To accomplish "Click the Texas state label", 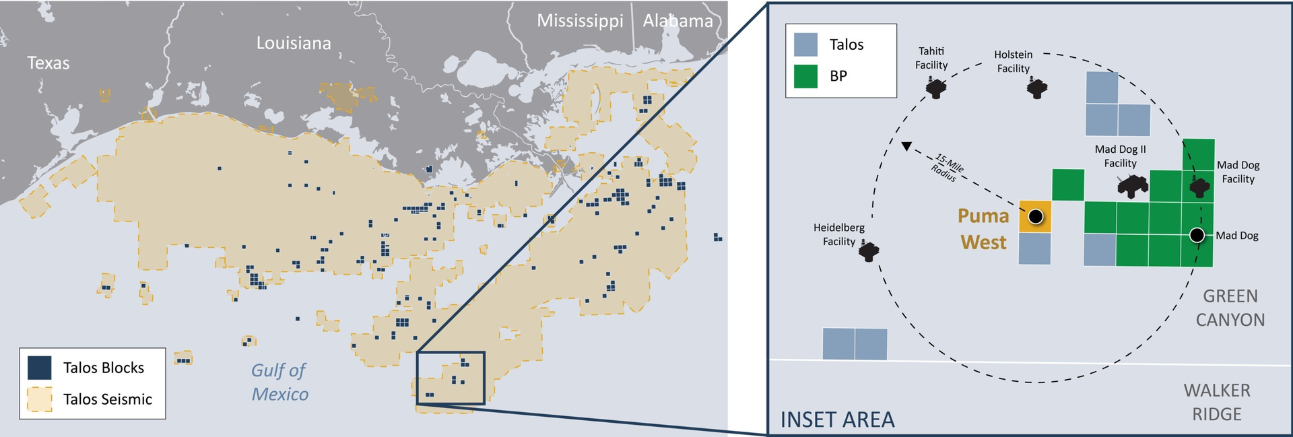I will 48,63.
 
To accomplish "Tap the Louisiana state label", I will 294,44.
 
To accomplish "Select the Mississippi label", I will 580,21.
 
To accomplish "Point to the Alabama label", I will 677,21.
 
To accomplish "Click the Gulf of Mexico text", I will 279,382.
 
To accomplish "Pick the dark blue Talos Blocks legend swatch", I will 40,368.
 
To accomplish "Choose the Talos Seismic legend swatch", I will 40,399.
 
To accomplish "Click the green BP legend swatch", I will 805,76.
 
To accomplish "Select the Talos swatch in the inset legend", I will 805,44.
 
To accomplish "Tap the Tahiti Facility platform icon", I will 935,88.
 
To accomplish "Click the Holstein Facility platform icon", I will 1037,88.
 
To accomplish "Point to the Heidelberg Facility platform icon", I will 869,252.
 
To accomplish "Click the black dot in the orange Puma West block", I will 1036,216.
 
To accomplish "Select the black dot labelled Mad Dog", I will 1197,235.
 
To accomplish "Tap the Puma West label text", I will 983,229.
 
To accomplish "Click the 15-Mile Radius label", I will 948,168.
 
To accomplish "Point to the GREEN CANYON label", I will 1230,308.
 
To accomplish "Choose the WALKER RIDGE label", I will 1216,402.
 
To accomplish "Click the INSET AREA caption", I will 837,419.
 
